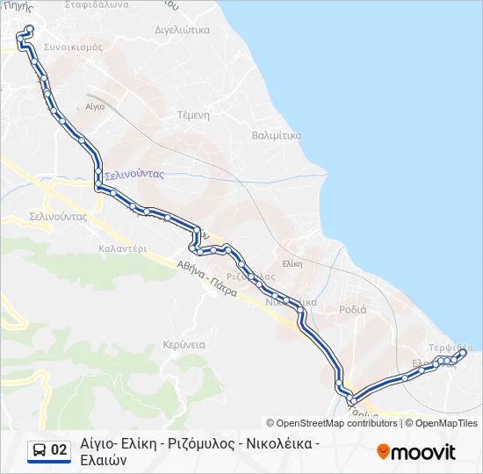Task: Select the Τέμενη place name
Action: (193, 115)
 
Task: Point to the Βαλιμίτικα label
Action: (277, 136)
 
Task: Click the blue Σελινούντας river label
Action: (135, 175)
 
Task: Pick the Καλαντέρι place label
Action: (122, 248)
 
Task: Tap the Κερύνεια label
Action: (184, 345)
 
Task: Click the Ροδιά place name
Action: (352, 309)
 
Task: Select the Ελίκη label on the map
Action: (292, 262)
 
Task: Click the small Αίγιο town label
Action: (95, 106)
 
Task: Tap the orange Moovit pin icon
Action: (383, 452)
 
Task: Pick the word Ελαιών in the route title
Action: (104, 460)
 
